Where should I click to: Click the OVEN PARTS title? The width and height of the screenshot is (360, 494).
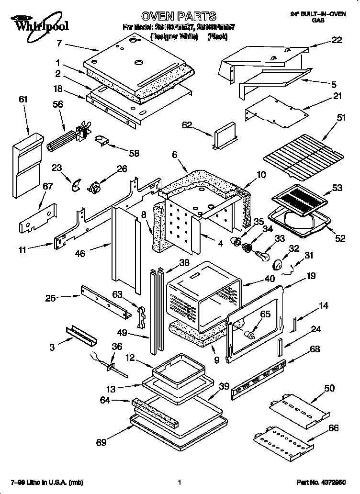click(178, 16)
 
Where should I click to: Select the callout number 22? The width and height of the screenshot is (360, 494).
click(337, 41)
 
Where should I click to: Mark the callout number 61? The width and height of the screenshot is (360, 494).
click(23, 100)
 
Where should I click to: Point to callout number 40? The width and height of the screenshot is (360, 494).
click(270, 278)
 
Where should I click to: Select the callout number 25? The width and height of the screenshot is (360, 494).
click(50, 298)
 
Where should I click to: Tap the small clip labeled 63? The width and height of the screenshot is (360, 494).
click(141, 316)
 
